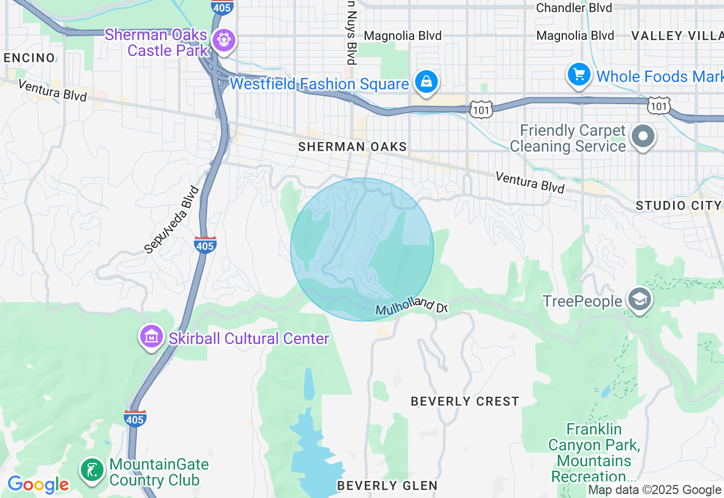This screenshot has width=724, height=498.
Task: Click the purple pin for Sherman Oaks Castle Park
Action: [225, 40]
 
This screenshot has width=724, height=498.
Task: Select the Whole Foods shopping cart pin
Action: [579, 74]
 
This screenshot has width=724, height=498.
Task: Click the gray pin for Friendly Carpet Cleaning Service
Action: [643, 136]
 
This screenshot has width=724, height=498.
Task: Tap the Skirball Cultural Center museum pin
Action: [151, 337]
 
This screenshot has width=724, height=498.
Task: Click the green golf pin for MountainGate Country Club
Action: [92, 470]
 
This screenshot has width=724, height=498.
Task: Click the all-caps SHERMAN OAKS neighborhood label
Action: [352, 147]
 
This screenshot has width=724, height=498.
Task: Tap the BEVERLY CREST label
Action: [465, 401]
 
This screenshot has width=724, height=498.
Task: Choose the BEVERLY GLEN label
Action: [387, 486]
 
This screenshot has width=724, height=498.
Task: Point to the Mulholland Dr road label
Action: [412, 308]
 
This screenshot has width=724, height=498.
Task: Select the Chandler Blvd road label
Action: [574, 8]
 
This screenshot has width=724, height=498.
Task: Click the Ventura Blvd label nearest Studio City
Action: [530, 182]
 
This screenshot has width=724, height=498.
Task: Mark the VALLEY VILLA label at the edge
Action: [676, 36]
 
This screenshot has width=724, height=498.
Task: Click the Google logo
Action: [38, 484]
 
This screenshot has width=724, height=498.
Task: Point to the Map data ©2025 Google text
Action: [654, 490]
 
